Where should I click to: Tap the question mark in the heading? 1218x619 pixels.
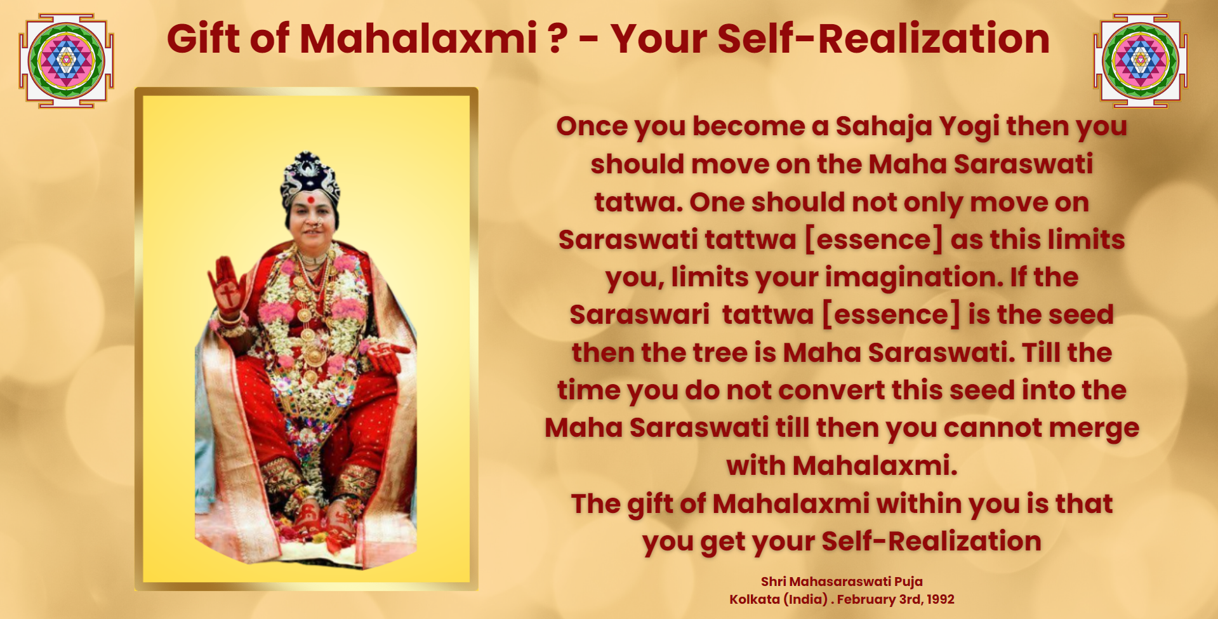(557, 38)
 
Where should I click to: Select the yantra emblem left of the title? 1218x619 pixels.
(66, 61)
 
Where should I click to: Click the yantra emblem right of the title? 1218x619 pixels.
(1141, 61)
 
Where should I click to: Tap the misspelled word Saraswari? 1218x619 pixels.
(639, 315)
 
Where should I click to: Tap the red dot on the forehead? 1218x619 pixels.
(312, 199)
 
